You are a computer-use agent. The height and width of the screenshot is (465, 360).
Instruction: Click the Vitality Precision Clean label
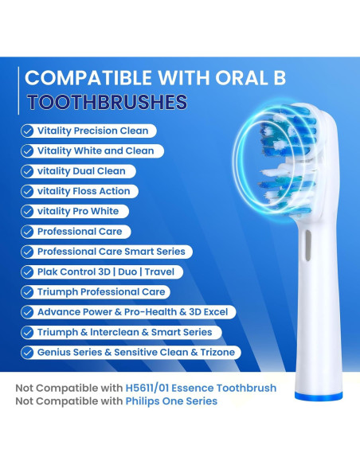pyautogui.click(x=92, y=131)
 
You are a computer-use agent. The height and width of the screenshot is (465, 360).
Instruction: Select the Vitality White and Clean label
pyautogui.click(x=95, y=150)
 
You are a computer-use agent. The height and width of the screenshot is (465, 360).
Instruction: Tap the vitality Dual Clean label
pyautogui.click(x=80, y=170)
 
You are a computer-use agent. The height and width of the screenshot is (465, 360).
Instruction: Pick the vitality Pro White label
pyautogui.click(x=77, y=211)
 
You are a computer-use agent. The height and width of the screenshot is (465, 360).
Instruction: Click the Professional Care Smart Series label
pyautogui.click(x=111, y=252)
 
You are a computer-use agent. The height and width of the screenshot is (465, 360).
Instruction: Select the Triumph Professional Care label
pyautogui.click(x=100, y=292)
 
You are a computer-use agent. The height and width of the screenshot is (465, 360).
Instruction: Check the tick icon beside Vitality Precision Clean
pyautogui.click(x=28, y=131)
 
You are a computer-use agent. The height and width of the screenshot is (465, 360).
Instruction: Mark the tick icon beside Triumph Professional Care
pyautogui.click(x=28, y=292)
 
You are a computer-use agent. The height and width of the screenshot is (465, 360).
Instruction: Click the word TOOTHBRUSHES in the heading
pyautogui.click(x=107, y=102)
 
